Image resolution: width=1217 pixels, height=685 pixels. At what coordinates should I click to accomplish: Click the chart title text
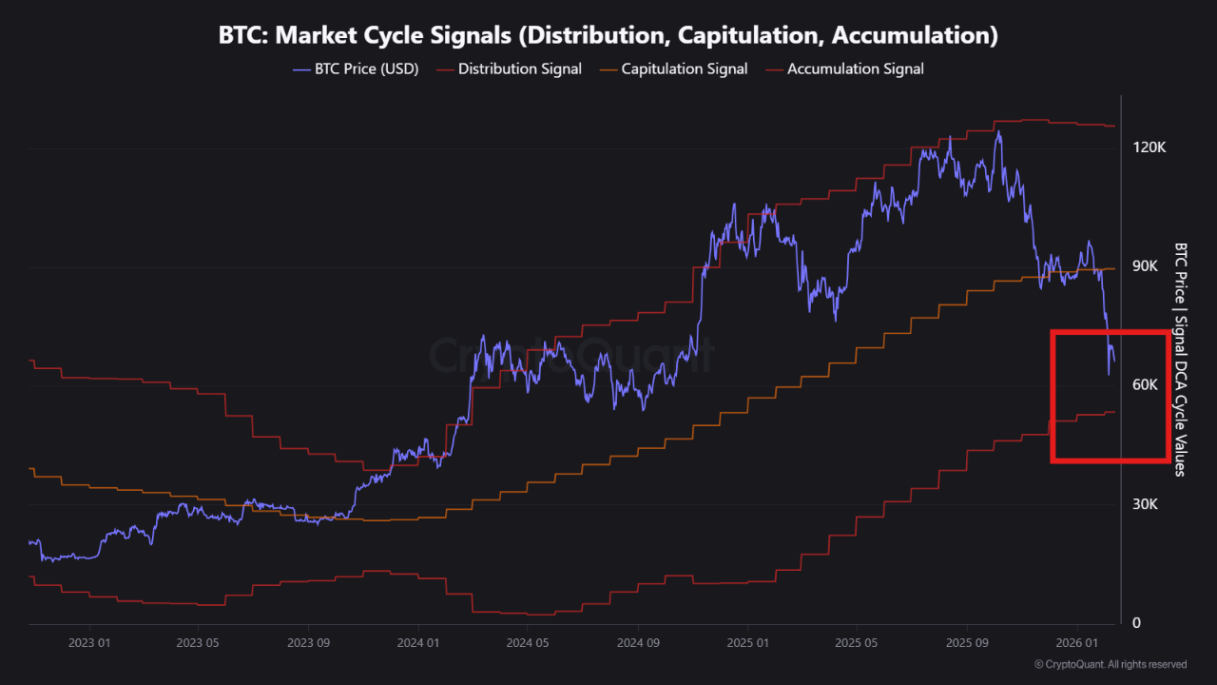[608, 36]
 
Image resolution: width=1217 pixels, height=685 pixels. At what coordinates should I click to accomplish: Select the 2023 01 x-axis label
[89, 642]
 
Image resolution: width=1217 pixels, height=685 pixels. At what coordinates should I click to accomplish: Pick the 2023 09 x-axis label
[309, 642]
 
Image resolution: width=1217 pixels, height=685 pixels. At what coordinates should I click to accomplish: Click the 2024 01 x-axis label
[418, 642]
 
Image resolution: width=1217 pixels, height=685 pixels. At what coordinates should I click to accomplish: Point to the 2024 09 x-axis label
[638, 642]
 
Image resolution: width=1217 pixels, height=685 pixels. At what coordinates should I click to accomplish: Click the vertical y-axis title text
[1180, 359]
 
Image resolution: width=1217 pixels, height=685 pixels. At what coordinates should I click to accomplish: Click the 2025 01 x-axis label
[747, 642]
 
